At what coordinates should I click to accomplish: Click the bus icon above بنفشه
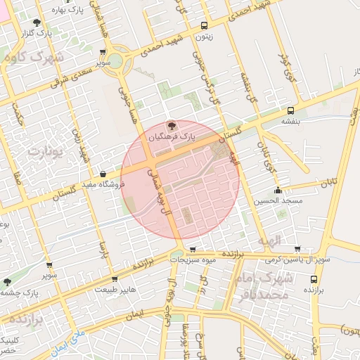(290, 110)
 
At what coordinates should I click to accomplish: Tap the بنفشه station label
(291, 121)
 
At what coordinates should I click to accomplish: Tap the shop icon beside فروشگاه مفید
(103, 173)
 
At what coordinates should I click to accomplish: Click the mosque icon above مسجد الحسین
(278, 189)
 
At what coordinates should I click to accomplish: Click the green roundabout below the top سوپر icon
(115, 62)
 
